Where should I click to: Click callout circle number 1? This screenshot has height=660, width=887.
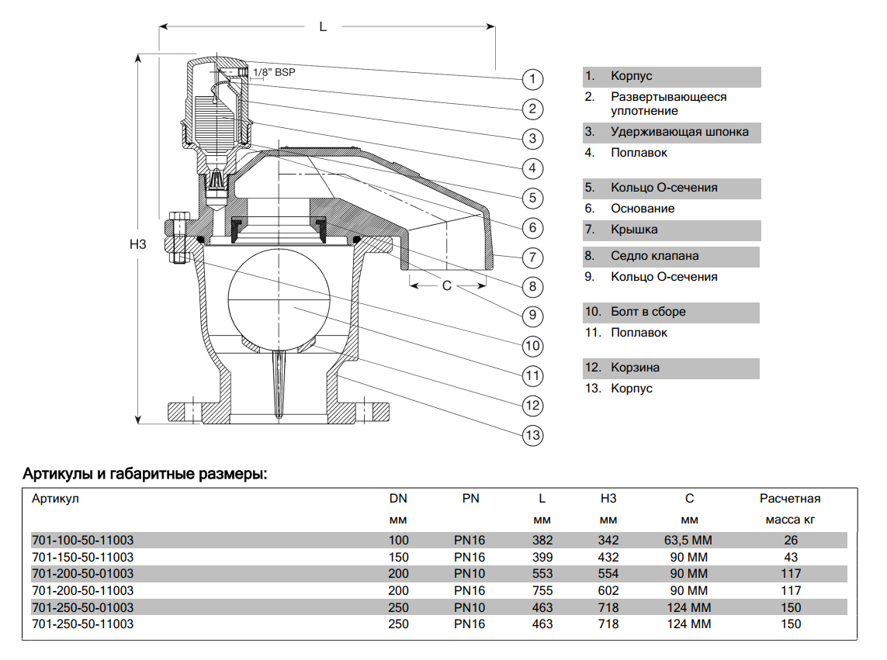coord(532,79)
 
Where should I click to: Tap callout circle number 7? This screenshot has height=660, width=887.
coord(532,257)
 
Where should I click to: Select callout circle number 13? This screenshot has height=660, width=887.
coord(532,435)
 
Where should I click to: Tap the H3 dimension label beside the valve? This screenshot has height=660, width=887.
coord(138,244)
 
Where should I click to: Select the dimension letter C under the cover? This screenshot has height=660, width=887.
coord(447,285)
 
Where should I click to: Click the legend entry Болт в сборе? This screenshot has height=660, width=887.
coord(648,312)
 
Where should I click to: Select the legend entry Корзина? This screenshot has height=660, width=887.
coord(635,368)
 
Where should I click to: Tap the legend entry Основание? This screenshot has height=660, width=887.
coord(643,209)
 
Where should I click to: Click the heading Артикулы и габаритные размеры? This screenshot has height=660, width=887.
coord(145,473)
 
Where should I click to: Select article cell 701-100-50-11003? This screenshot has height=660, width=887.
coord(82,540)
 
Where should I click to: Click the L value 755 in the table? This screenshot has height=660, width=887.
coord(542,590)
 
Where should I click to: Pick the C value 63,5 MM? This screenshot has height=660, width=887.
coord(689,540)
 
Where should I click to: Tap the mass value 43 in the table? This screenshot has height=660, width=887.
coord(791,557)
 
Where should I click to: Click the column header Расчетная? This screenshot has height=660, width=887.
coord(790,499)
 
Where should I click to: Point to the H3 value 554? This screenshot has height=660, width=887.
coord(608,574)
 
